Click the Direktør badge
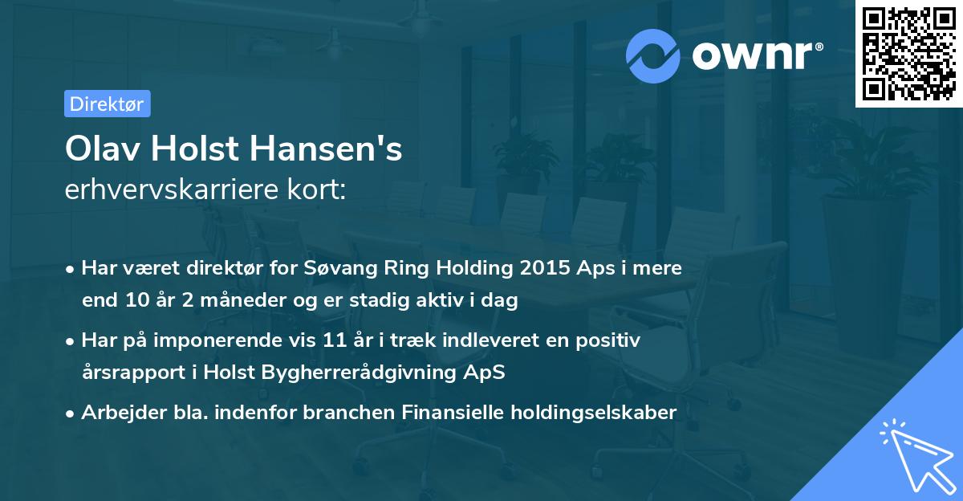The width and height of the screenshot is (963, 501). pyautogui.click(x=107, y=104)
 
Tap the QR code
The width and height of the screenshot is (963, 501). pyautogui.click(x=909, y=53)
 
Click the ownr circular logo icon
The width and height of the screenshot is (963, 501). pyautogui.click(x=654, y=55)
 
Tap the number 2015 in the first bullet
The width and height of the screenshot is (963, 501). pyautogui.click(x=542, y=268)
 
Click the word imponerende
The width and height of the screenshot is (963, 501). pyautogui.click(x=238, y=340)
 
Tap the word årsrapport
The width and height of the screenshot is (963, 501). pyautogui.click(x=130, y=372)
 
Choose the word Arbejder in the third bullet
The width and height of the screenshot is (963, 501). pyautogui.click(x=116, y=413)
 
